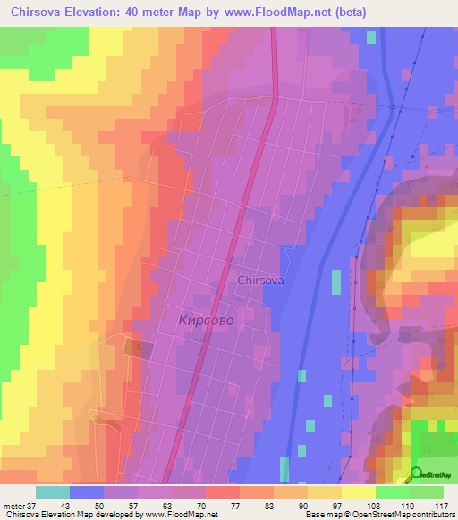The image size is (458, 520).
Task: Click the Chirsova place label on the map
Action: click(261, 280)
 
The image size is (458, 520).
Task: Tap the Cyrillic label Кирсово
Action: click(207, 319)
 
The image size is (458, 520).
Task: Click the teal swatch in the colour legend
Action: click(52, 492)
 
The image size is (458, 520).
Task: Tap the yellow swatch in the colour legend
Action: click(358, 492)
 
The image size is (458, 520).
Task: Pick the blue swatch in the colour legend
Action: click(86, 492)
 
